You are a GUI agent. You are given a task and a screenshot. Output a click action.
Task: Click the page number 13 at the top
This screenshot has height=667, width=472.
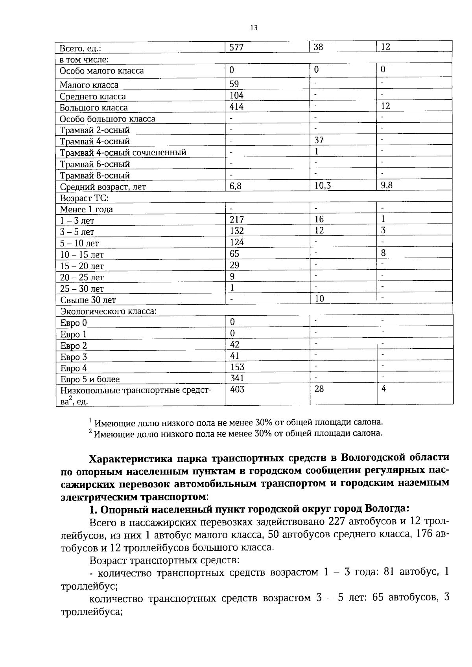[x=254, y=28]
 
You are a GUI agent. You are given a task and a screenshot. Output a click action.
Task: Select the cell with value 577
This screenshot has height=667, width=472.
[x=236, y=47]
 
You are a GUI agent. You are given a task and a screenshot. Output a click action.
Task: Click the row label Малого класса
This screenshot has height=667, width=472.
[x=89, y=85]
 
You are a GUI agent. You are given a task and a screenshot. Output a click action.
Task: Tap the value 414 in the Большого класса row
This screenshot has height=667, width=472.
[x=236, y=107]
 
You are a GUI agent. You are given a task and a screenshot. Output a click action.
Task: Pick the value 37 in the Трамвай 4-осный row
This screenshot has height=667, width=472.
[x=319, y=140]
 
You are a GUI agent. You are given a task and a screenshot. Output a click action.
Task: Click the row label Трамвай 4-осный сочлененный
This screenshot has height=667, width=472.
[x=123, y=153]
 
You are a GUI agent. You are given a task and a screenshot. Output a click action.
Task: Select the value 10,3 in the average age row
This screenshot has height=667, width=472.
[x=323, y=186]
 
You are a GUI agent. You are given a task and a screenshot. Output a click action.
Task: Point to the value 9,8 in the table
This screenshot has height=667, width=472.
[x=386, y=186]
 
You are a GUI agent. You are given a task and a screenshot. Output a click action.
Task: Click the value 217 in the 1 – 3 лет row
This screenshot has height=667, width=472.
[x=237, y=220]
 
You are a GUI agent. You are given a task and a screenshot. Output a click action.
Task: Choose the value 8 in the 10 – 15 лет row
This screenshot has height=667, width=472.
[x=383, y=253]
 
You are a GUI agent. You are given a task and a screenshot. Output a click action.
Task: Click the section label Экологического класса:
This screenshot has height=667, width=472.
[x=108, y=311]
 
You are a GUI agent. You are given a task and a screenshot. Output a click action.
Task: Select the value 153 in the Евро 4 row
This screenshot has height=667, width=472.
[x=237, y=367]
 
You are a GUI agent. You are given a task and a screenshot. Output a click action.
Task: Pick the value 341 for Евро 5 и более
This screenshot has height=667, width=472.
[x=237, y=378]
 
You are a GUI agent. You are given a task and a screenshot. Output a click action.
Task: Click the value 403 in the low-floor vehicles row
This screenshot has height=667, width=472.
[x=237, y=390]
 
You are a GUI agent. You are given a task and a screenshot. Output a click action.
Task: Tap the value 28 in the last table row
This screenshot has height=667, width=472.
[x=319, y=390]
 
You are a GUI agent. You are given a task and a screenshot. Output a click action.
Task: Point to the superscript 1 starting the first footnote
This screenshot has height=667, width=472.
[x=90, y=420]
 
